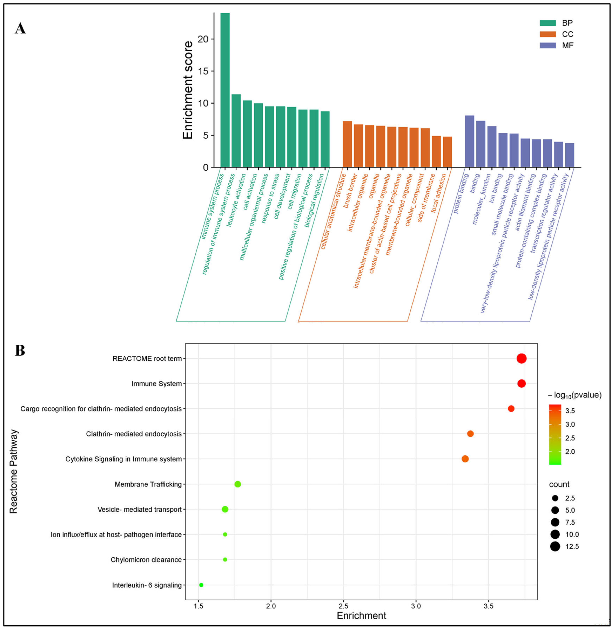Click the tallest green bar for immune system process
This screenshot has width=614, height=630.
click(x=225, y=90)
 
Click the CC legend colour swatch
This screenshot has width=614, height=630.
click(x=547, y=34)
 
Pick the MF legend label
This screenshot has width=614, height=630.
click(x=568, y=45)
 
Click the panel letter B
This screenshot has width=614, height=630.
click(x=20, y=351)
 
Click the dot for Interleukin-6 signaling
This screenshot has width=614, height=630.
click(x=201, y=585)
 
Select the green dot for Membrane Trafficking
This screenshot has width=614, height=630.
click(x=238, y=484)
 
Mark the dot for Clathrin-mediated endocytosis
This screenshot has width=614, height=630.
click(x=470, y=434)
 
